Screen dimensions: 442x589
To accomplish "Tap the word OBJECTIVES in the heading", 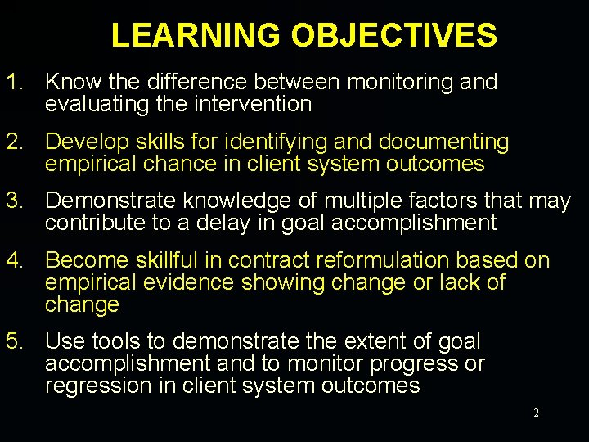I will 393,35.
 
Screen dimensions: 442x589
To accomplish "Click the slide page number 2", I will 536,413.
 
